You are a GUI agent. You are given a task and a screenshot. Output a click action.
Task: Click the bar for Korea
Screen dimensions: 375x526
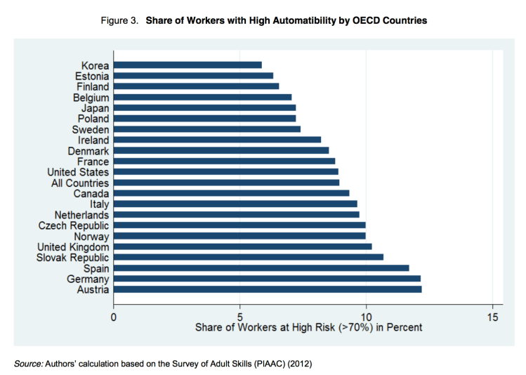click(188, 65)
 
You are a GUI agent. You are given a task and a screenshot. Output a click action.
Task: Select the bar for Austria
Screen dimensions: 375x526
click(268, 289)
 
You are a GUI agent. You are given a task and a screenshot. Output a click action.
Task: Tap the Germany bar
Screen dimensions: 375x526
click(267, 279)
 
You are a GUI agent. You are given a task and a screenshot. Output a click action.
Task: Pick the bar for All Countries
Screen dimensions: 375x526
click(226, 183)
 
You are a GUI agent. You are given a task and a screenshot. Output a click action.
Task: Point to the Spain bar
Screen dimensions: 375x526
click(261, 268)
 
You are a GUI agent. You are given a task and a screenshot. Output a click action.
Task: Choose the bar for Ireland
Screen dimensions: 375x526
click(217, 140)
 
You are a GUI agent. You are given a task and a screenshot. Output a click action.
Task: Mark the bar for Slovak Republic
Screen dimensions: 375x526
click(249, 257)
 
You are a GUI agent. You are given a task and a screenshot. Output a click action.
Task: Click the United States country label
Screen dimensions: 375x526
click(78, 172)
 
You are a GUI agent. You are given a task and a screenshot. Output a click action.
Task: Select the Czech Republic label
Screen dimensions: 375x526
click(74, 225)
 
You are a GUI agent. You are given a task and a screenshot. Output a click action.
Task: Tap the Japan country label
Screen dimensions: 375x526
click(95, 108)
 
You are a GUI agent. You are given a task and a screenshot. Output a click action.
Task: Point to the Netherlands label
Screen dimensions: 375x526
click(81, 215)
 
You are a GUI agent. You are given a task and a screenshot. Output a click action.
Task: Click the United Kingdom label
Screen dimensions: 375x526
click(74, 246)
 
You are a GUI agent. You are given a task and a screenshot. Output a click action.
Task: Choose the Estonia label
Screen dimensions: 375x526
click(91, 76)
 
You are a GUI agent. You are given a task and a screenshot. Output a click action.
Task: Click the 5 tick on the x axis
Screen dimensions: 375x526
click(240, 315)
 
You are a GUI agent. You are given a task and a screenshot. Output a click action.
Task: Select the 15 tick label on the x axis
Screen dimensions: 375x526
click(492, 315)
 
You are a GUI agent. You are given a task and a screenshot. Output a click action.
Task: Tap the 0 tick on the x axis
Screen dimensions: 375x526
click(114, 315)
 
